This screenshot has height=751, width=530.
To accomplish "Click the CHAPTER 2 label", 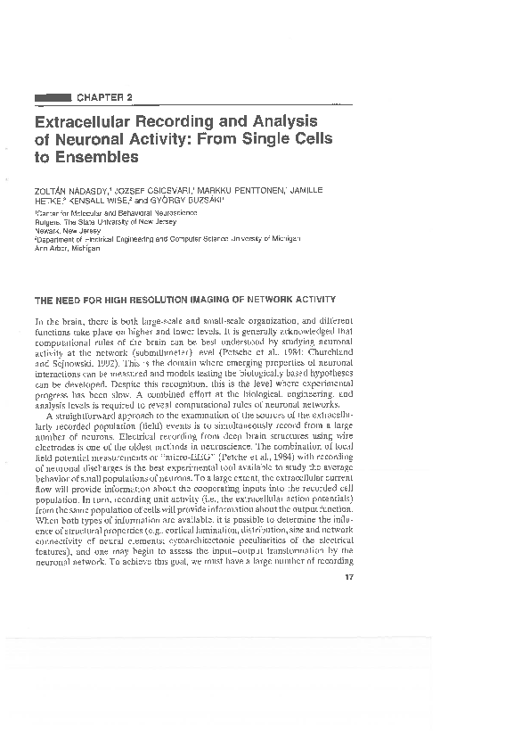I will click(105, 96).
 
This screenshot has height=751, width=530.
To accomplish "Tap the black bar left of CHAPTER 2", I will click(52, 96).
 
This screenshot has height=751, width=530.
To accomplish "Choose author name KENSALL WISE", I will click(99, 201).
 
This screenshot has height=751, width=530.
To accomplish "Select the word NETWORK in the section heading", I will click(272, 298).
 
